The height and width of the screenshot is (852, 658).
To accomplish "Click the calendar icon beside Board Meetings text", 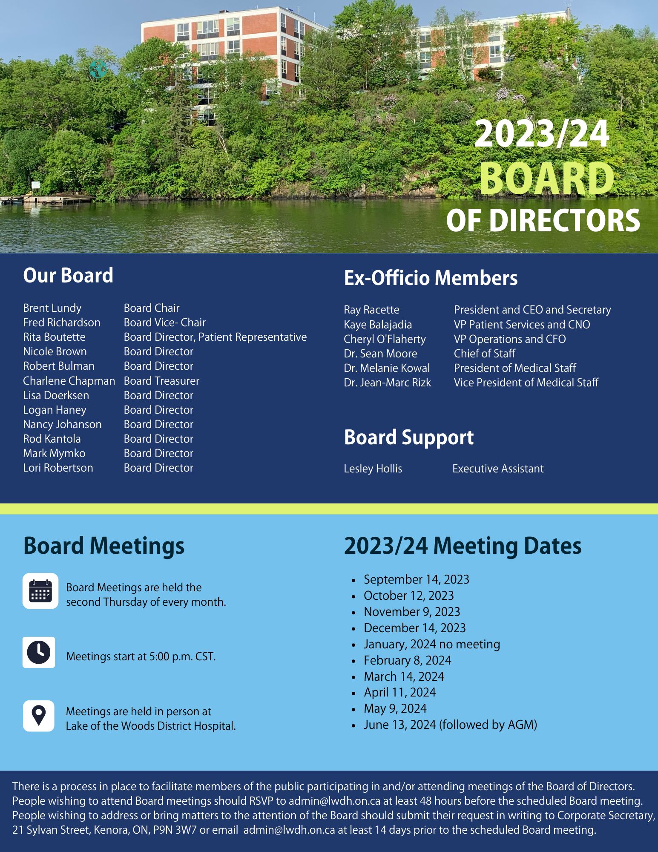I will click(40, 591).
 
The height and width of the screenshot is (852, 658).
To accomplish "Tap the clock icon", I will click(39, 652).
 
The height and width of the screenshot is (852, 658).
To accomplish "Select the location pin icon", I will click(39, 716).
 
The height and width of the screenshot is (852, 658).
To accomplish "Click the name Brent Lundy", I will click(52, 308).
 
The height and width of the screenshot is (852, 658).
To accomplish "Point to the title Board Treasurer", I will click(161, 381).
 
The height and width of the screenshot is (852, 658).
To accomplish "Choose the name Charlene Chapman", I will click(69, 381).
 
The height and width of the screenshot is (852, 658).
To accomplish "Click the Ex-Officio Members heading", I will click(431, 278).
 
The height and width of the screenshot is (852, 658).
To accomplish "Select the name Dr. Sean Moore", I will click(380, 354).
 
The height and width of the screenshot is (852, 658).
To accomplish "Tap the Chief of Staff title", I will click(484, 354).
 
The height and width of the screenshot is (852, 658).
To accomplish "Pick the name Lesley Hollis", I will click(373, 469).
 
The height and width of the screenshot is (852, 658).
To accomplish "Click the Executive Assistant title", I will click(498, 469).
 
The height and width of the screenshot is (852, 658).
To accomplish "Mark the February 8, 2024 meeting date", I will click(407, 660).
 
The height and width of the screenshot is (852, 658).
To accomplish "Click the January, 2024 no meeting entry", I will click(431, 644).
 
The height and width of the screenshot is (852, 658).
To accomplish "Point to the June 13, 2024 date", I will click(399, 725).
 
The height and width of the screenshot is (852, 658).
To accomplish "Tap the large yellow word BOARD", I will click(547, 179).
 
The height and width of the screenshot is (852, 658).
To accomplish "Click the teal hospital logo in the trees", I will click(98, 69).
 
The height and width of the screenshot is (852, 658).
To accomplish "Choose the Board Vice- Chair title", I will click(164, 322).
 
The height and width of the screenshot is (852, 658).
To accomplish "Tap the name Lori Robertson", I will click(58, 468).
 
